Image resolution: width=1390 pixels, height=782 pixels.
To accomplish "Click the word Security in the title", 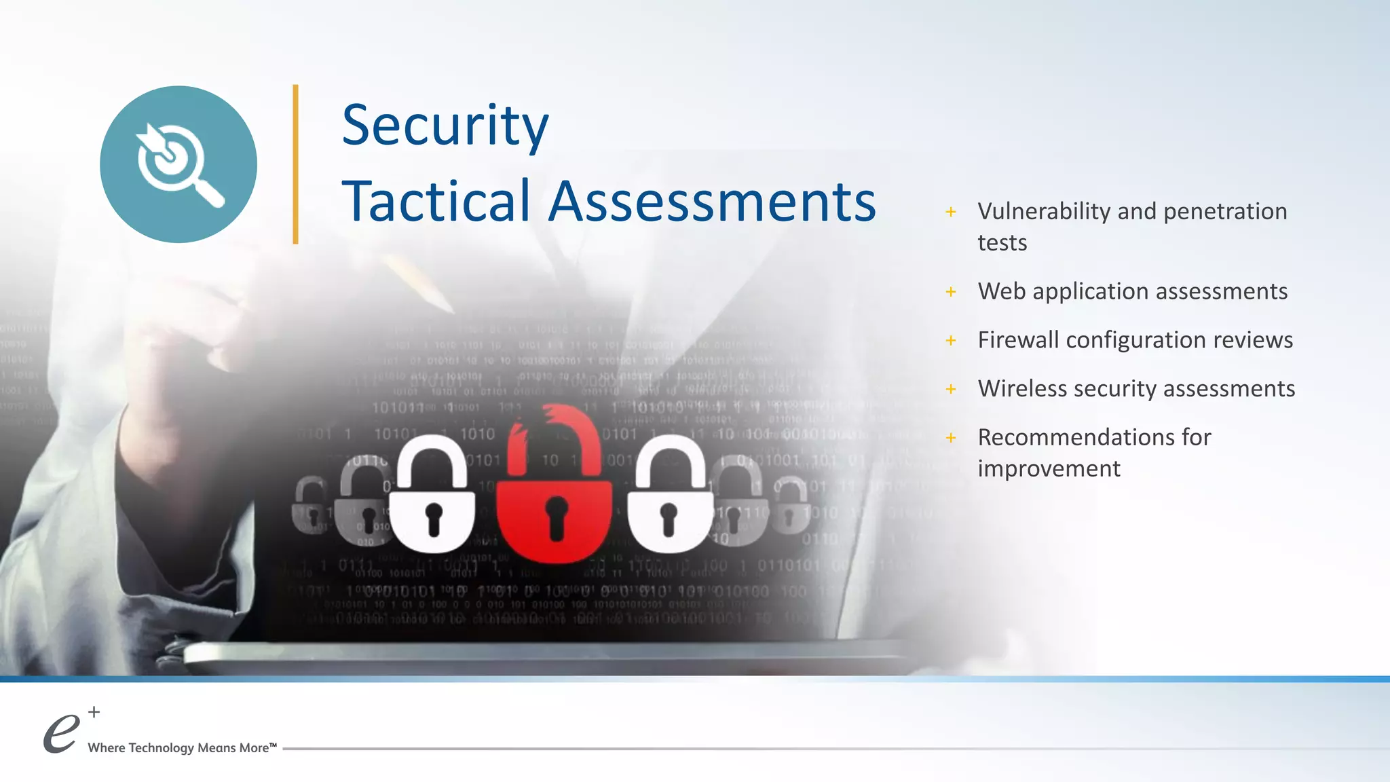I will pyautogui.click(x=445, y=126).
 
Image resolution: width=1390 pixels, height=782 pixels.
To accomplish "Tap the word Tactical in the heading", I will pyautogui.click(x=436, y=201).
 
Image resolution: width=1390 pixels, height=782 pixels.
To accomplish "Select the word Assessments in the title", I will pyautogui.click(x=712, y=201).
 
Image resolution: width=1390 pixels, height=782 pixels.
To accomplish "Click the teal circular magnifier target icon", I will pyautogui.click(x=179, y=164).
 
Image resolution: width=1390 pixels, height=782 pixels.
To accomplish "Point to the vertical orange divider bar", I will pyautogui.click(x=295, y=164).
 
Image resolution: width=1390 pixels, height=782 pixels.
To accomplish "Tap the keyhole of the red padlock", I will pyautogui.click(x=557, y=516).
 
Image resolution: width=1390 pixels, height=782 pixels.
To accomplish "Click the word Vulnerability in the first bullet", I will pyautogui.click(x=1044, y=212).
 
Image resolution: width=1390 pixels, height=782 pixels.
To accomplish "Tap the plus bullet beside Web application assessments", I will pyautogui.click(x=951, y=292).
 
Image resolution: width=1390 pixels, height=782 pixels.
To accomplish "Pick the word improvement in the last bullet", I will pyautogui.click(x=1049, y=468).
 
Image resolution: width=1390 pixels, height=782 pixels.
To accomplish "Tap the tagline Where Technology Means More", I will pyautogui.click(x=182, y=748).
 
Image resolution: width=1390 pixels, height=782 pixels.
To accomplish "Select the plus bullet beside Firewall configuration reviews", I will pyautogui.click(x=951, y=340).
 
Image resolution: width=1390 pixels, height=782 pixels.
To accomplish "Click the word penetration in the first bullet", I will pyautogui.click(x=1225, y=212).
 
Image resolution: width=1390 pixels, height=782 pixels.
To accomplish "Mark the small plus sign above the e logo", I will pyautogui.click(x=94, y=712).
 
